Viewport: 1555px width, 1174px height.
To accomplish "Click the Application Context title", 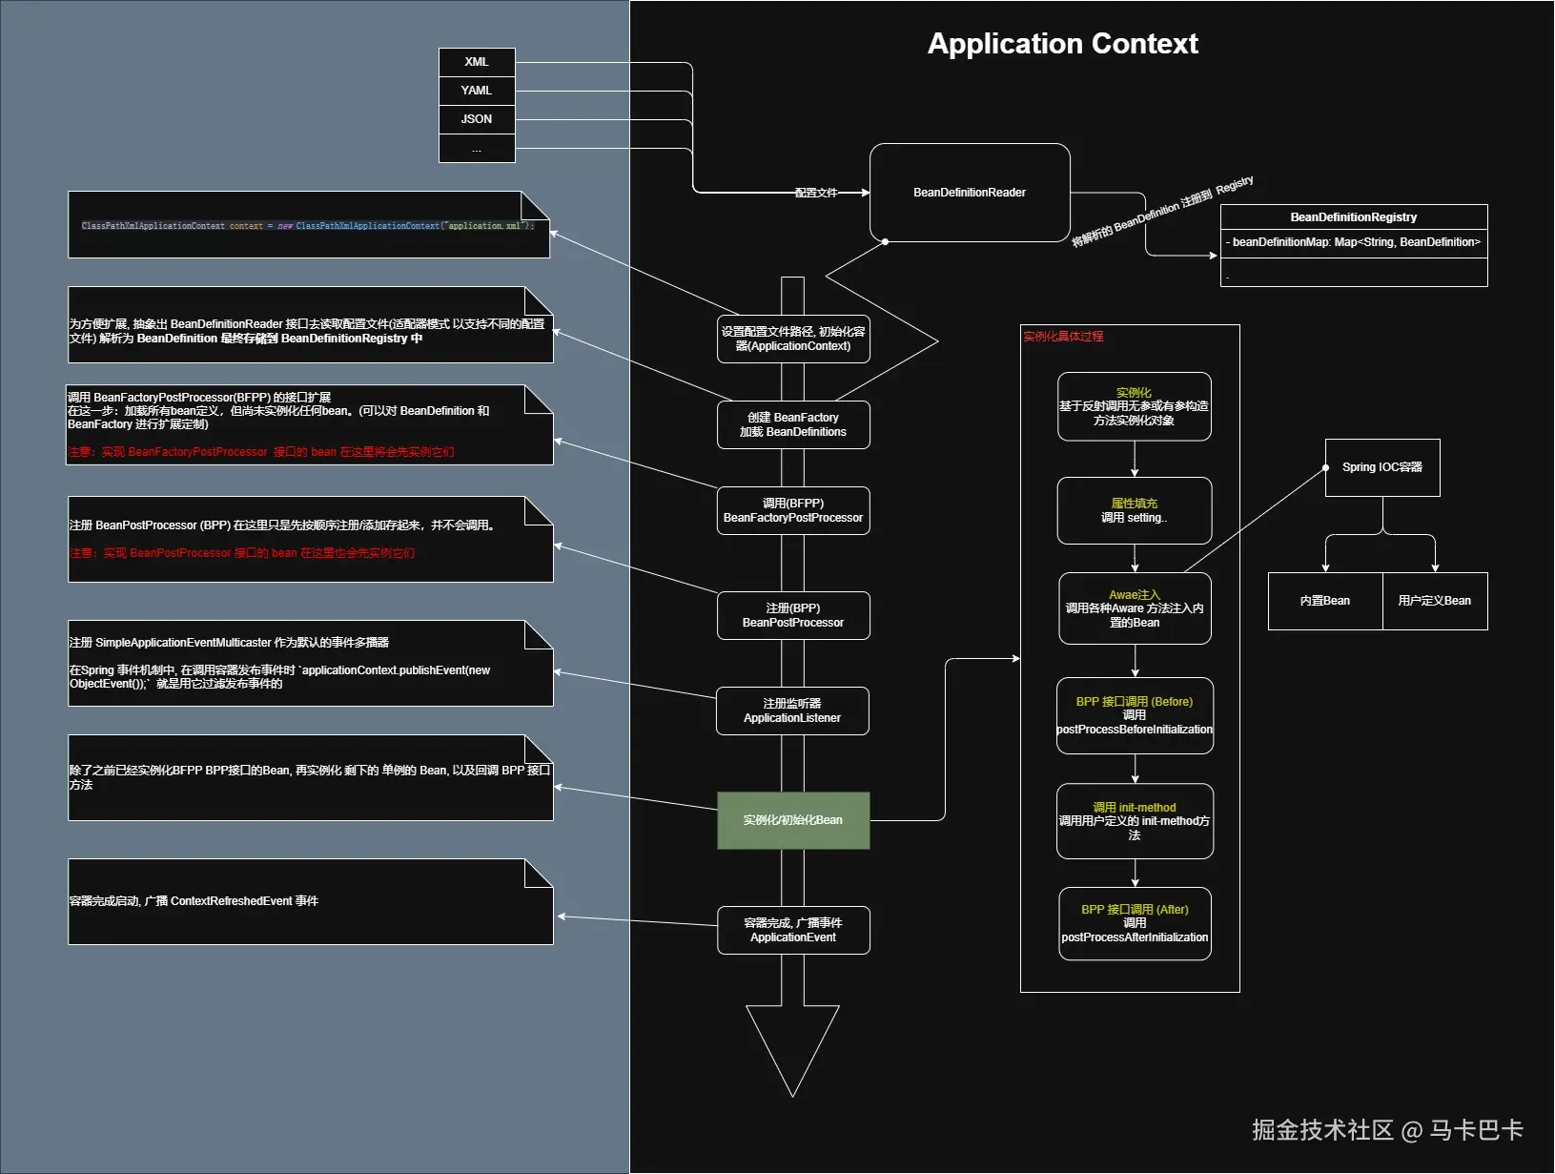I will point(1062,44).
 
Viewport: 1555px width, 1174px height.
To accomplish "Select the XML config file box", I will point(477,62).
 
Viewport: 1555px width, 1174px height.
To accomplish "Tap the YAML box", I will point(477,91).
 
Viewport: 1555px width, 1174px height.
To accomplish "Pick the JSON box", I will point(477,119).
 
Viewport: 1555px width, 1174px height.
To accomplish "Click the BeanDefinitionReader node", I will point(970,193).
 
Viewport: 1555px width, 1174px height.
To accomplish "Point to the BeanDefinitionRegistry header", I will point(1353,217).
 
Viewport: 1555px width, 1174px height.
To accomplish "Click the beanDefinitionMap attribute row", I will point(1353,242).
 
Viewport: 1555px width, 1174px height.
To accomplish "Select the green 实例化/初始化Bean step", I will point(793,820).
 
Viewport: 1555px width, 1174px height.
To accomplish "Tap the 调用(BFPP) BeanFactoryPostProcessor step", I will point(793,510).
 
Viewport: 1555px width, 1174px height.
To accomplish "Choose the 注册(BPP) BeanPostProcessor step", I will point(793,615).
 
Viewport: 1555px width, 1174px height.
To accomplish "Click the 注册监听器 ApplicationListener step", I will point(792,711).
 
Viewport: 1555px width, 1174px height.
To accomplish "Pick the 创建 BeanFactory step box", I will point(793,424).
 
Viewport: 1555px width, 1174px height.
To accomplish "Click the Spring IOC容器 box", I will point(1382,467).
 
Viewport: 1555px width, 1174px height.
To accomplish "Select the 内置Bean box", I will point(1325,601).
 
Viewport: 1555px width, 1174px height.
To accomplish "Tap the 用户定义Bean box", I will point(1435,601).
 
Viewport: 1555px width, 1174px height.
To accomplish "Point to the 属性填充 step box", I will point(1135,510).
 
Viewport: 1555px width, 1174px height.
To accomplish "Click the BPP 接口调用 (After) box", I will point(1135,923).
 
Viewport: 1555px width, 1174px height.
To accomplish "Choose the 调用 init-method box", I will point(1135,821).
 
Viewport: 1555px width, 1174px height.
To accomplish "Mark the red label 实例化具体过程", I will point(1063,337).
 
